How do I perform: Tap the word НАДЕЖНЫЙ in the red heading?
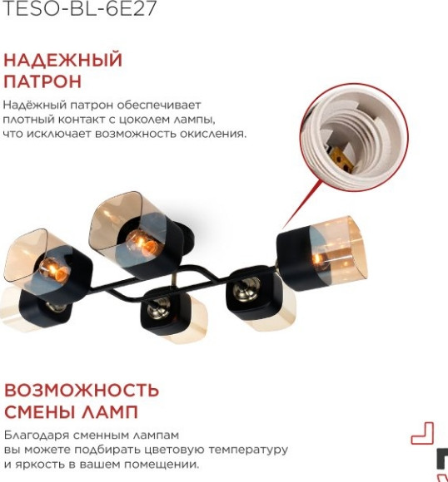click(x=63, y=61)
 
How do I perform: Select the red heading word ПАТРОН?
click(x=42, y=81)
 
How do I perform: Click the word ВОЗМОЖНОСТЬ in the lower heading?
click(x=82, y=391)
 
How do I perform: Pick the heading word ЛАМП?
click(x=113, y=412)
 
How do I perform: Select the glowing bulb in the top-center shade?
click(x=141, y=243)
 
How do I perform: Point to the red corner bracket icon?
click(x=424, y=432)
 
